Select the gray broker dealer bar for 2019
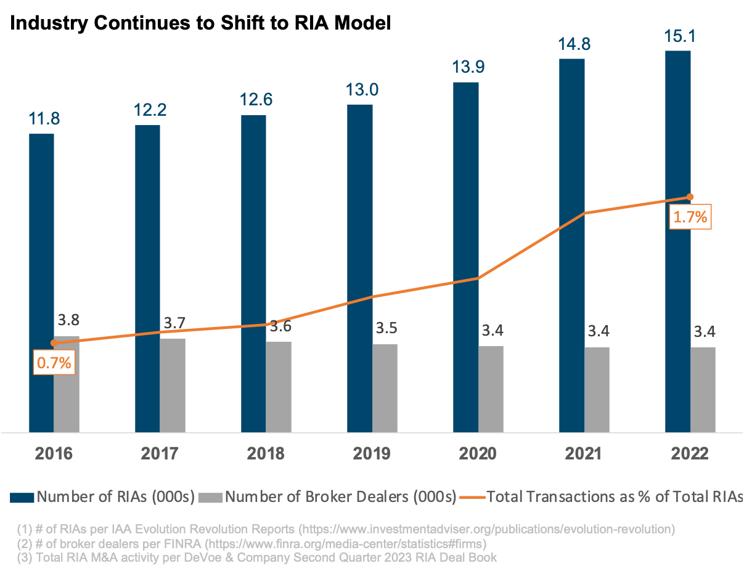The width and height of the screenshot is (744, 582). (385, 387)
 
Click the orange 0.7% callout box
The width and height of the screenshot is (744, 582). (54, 363)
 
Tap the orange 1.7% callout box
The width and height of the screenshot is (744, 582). (690, 217)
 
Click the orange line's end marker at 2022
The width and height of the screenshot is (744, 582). (690, 197)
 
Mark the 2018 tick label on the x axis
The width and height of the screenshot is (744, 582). (266, 454)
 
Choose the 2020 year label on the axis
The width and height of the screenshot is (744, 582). (478, 454)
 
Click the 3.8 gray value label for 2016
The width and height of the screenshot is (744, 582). (68, 320)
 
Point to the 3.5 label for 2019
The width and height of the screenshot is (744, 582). (386, 328)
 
